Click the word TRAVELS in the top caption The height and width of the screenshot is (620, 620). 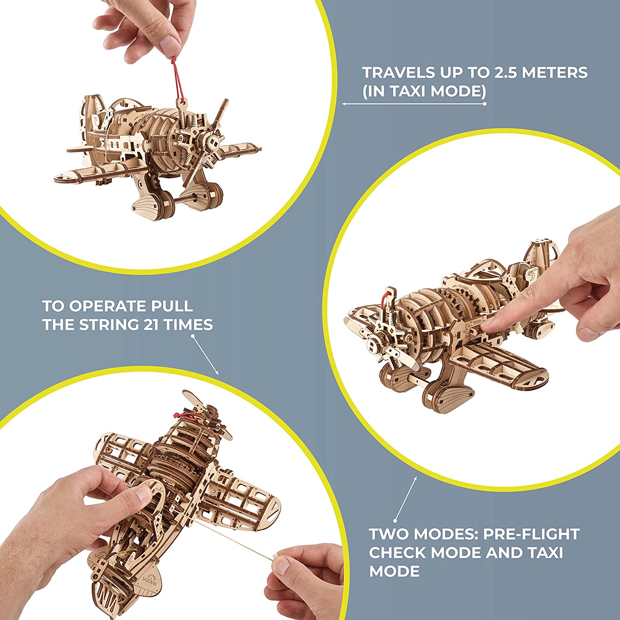399,72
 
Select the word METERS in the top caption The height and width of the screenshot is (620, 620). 555,72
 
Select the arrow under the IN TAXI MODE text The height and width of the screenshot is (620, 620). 414,104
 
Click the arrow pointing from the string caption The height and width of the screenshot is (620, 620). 205,355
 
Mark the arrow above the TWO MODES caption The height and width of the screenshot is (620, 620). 406,499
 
